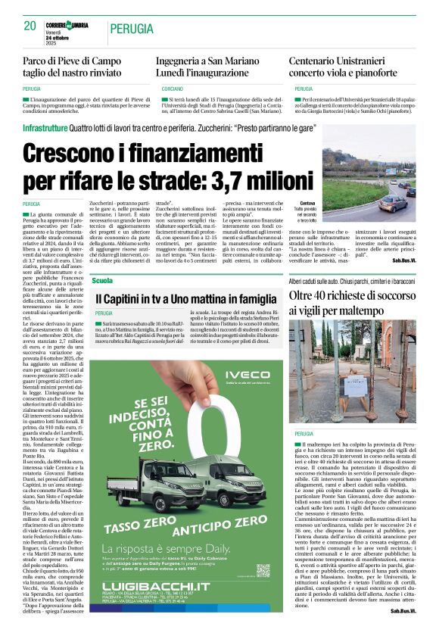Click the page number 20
pyautogui.click(x=30, y=26)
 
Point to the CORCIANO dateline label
pyautogui.click(x=170, y=89)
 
